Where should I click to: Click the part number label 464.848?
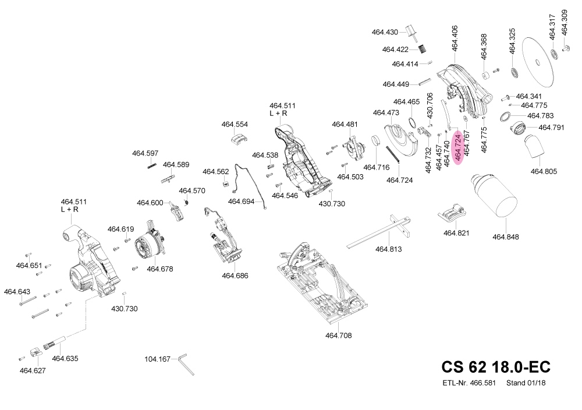click(x=505, y=237)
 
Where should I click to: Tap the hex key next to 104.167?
click(x=187, y=363)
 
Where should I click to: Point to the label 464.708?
click(x=338, y=335)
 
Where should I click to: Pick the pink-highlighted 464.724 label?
click(x=458, y=147)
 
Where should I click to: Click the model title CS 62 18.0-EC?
click(x=495, y=367)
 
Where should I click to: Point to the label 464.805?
click(x=544, y=171)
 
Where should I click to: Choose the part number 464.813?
click(x=388, y=249)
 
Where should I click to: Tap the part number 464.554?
click(x=235, y=125)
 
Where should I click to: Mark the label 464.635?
click(x=65, y=358)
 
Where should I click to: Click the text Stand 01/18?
click(x=526, y=383)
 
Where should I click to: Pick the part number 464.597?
click(x=145, y=154)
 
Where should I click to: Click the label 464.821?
click(x=456, y=233)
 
